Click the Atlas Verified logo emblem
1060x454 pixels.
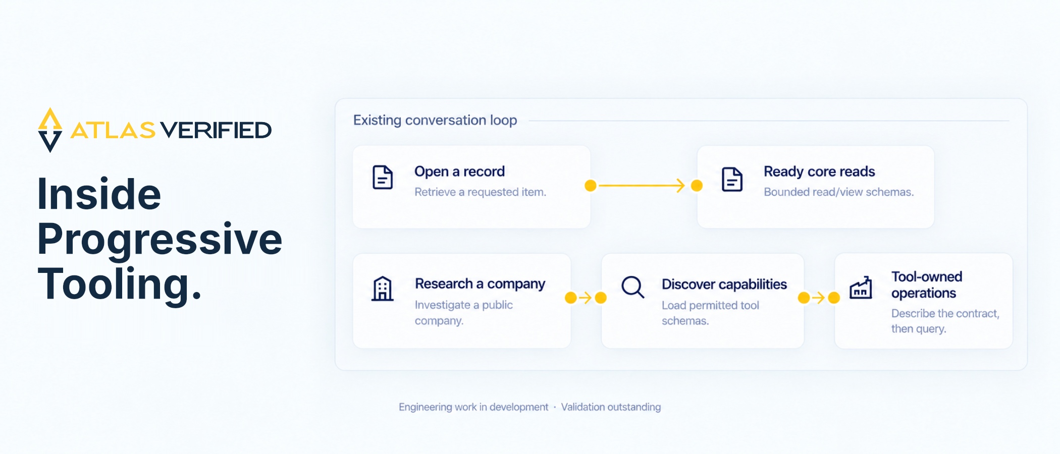point(50,130)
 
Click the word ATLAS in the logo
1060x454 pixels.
point(113,130)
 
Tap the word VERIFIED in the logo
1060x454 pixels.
point(216,130)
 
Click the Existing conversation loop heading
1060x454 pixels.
point(435,120)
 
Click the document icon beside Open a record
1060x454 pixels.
point(383,177)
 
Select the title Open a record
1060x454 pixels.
point(459,172)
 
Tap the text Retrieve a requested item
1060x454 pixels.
point(480,192)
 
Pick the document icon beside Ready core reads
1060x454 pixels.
point(732,179)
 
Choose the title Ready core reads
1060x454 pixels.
point(819,172)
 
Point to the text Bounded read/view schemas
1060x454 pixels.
point(838,192)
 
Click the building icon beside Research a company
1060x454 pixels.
point(383,289)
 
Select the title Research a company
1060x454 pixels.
point(480,284)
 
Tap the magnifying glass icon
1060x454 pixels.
point(632,287)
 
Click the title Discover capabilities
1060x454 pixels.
point(724,285)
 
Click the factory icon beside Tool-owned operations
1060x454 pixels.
point(861,288)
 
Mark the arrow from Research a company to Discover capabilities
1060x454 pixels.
point(586,298)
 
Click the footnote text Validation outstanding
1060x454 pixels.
point(611,407)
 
